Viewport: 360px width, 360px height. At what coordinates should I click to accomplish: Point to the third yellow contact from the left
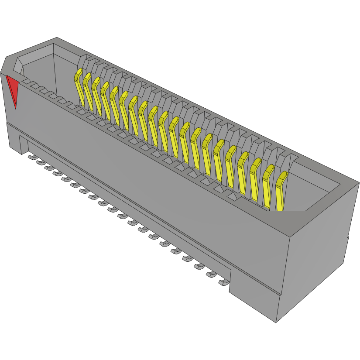[96, 95]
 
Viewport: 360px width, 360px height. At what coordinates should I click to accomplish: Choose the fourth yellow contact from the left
[105, 99]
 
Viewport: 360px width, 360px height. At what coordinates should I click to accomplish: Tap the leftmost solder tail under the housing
[32, 156]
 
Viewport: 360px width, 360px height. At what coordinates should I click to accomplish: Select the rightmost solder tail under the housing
[223, 283]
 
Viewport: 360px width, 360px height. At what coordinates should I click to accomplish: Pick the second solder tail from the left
[40, 162]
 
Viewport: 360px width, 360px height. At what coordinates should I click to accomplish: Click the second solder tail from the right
[212, 274]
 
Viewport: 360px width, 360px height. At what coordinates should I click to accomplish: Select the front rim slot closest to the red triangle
[26, 82]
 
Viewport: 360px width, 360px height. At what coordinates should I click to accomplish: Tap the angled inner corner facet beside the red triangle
[18, 66]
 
